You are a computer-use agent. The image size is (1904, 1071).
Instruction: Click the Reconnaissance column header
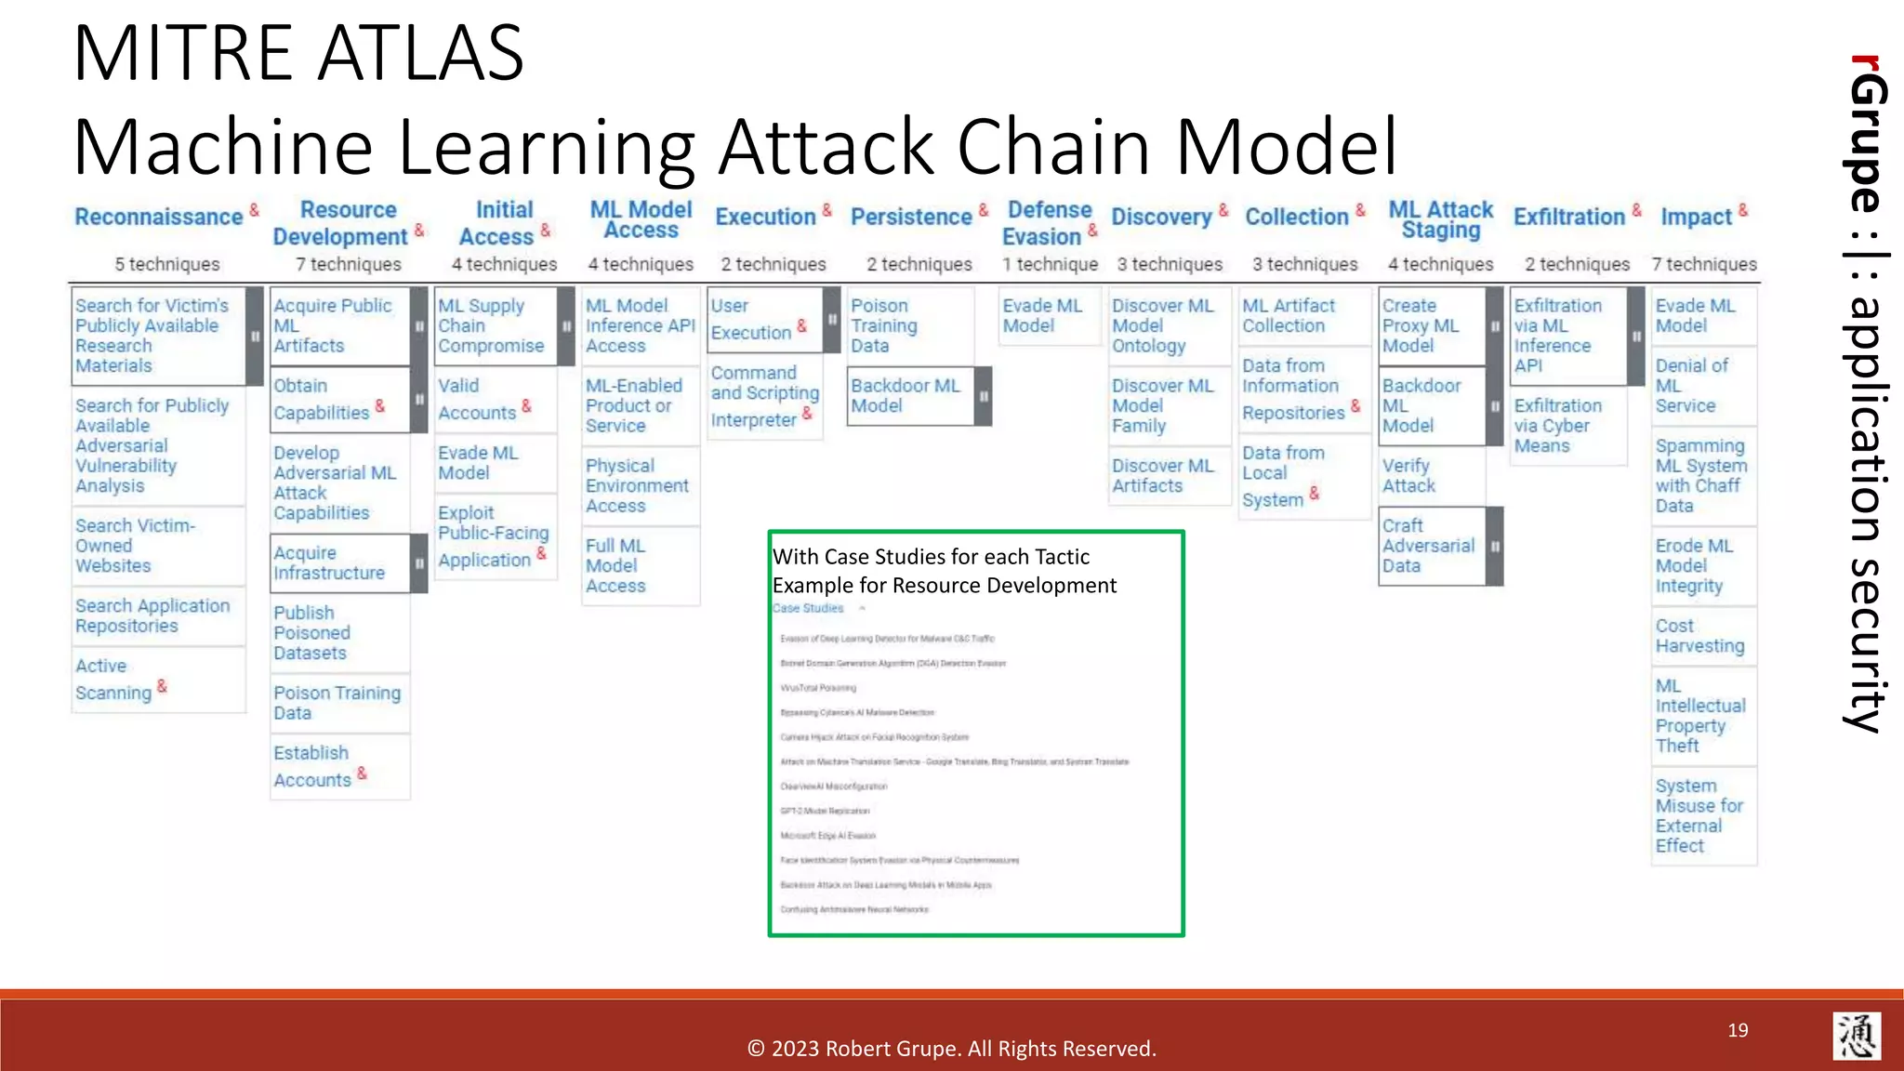[159, 217]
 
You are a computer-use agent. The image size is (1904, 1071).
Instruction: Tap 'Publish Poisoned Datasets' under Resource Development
[312, 632]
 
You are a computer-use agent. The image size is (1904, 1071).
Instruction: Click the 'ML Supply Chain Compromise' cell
[493, 325]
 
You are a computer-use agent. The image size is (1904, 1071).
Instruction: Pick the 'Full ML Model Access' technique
[616, 565]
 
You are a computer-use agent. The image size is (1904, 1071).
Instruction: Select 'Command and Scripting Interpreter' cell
[762, 396]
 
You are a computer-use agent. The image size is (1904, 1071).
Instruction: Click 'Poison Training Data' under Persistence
[885, 325]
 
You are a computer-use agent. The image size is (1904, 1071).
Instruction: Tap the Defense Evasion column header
[1048, 223]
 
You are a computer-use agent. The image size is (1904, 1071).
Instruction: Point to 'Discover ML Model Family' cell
[1162, 405]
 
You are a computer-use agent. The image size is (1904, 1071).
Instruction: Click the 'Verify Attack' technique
[1408, 475]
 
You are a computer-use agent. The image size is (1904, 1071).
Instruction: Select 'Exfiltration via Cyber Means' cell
[1558, 426]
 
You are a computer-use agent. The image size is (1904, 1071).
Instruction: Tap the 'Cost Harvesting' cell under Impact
[1699, 636]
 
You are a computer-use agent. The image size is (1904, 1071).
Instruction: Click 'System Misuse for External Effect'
[1699, 815]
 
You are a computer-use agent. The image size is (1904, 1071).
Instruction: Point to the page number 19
[1738, 1030]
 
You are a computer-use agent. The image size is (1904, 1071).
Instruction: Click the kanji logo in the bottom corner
[1857, 1036]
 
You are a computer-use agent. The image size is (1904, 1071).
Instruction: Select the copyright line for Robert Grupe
[951, 1049]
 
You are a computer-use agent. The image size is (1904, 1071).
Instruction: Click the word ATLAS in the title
[421, 54]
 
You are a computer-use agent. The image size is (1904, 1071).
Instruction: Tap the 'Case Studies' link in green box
[808, 608]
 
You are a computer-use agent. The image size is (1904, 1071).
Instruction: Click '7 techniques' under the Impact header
[1704, 264]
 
